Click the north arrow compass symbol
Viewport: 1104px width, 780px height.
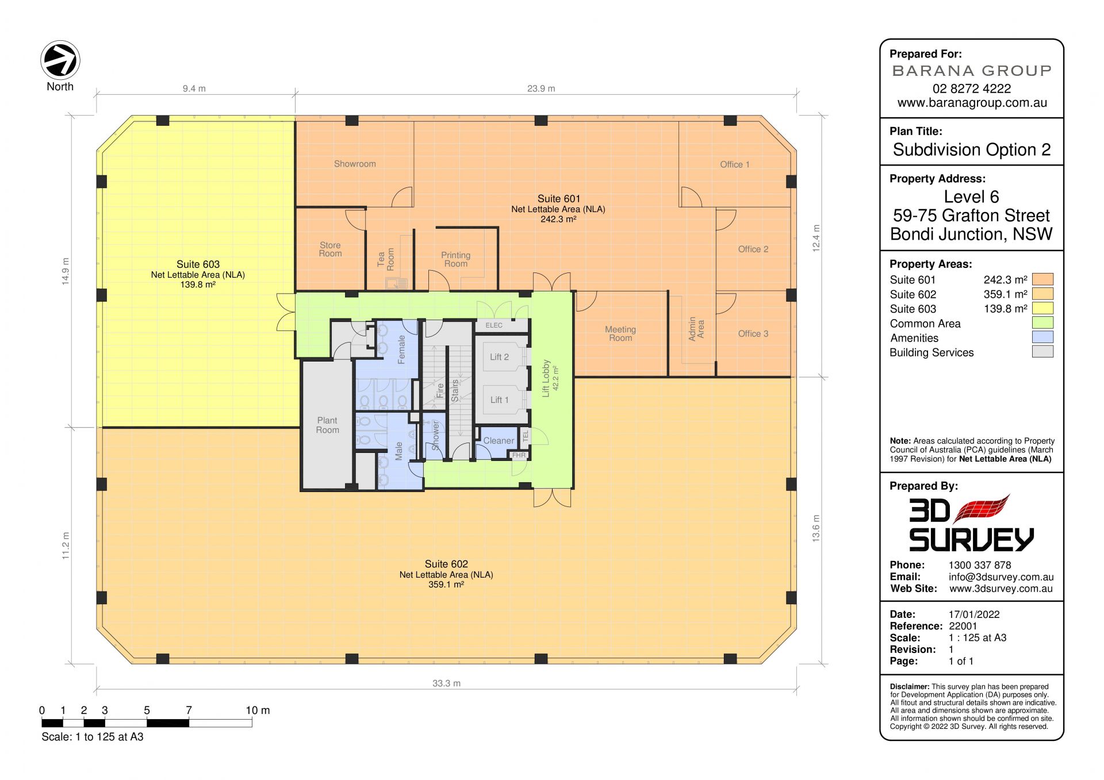pos(60,60)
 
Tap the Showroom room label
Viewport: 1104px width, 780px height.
pos(355,164)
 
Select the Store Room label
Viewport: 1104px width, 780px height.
pos(330,249)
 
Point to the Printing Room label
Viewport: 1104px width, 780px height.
pos(455,259)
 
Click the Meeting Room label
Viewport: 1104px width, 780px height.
pos(620,333)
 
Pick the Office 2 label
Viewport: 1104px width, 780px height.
pos(753,249)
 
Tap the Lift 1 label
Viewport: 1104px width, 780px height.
pos(499,400)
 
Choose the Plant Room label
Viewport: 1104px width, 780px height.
pos(327,425)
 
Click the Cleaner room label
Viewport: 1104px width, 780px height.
pos(499,441)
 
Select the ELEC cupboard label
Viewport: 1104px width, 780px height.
pos(494,325)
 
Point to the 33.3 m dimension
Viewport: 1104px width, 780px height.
pos(447,683)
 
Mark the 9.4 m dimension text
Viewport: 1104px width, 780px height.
pos(194,89)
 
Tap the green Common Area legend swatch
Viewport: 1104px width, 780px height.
pos(1042,322)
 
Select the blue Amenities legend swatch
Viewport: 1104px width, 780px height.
pos(1042,337)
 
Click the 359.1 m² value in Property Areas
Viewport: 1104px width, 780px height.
pos(1005,294)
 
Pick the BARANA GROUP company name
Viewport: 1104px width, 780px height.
pos(972,71)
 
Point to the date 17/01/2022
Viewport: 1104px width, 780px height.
pos(974,614)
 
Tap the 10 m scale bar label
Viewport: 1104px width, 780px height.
pos(258,710)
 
